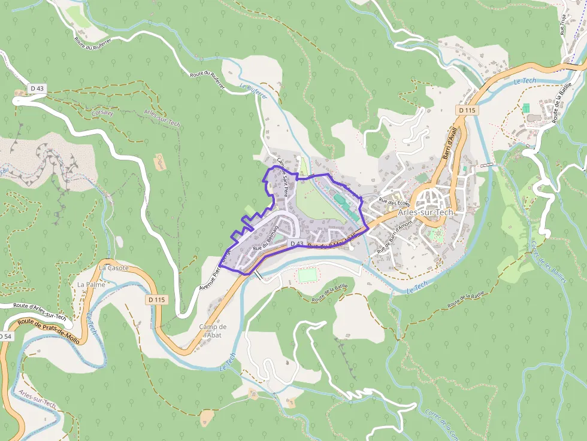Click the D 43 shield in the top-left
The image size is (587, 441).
pyautogui.click(x=37, y=89)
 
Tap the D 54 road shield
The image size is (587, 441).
pyautogui.click(x=5, y=337)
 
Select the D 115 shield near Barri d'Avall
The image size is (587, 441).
pyautogui.click(x=467, y=110)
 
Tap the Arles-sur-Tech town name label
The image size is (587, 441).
pyautogui.click(x=426, y=212)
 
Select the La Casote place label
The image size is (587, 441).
pyautogui.click(x=114, y=267)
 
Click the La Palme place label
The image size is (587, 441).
pyautogui.click(x=91, y=284)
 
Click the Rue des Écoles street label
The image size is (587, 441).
pyautogui.click(x=393, y=202)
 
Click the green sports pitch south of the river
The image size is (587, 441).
pyautogui.click(x=307, y=275)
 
